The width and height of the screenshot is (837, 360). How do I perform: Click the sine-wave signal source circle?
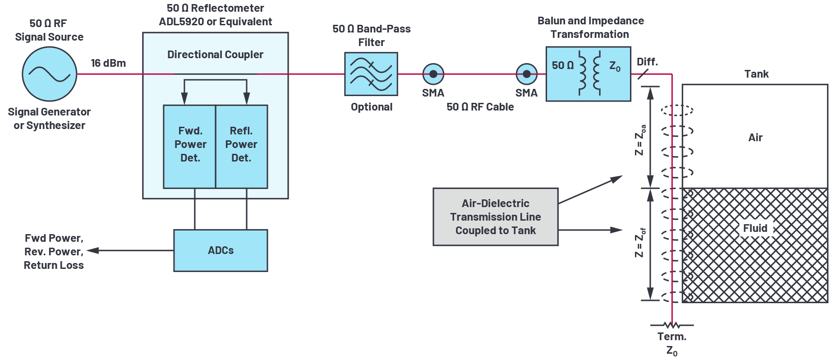(x=50, y=74)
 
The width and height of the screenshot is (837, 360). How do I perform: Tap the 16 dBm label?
(x=108, y=63)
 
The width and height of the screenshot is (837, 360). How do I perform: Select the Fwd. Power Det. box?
(x=190, y=146)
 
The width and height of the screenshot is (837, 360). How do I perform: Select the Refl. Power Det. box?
(x=242, y=146)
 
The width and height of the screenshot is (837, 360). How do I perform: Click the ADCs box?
(x=221, y=250)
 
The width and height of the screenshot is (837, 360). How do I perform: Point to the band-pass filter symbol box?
(x=371, y=74)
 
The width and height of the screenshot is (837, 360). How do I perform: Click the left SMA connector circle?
(x=433, y=74)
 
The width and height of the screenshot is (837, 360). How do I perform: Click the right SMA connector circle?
(x=527, y=74)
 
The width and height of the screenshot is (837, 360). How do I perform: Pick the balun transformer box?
(x=588, y=74)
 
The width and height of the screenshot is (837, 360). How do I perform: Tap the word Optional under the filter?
(x=372, y=107)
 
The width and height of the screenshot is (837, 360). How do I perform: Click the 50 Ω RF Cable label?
(x=480, y=107)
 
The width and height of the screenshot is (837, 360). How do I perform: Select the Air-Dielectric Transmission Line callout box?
(x=496, y=217)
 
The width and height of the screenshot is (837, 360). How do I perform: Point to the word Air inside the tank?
(x=755, y=138)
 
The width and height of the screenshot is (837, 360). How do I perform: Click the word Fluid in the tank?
(x=755, y=228)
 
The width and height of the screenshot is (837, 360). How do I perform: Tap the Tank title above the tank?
(x=756, y=74)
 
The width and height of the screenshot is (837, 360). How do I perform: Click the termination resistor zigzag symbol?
(x=672, y=325)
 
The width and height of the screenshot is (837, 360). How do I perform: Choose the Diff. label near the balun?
(x=647, y=62)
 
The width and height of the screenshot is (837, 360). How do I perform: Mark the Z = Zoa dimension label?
(x=640, y=140)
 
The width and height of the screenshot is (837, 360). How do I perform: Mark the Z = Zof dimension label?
(x=640, y=243)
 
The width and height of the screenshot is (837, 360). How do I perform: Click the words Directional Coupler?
(x=215, y=55)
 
